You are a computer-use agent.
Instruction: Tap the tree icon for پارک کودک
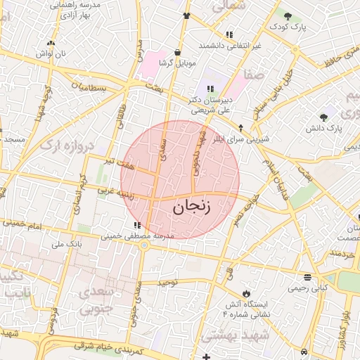pyautogui.click(x=288, y=15)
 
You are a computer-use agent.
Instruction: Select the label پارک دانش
pyautogui.click(x=323, y=129)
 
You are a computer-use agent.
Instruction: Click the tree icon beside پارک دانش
pyautogui.click(x=323, y=117)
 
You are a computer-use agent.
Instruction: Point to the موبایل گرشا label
pyautogui.click(x=176, y=63)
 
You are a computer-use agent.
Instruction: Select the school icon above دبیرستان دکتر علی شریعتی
pyautogui.click(x=210, y=89)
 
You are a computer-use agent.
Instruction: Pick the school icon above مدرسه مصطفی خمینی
pyautogui.click(x=137, y=226)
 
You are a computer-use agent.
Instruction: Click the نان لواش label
pyautogui.click(x=51, y=53)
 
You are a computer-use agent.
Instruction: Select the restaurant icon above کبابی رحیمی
pyautogui.click(x=307, y=277)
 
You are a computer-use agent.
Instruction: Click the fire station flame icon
pyautogui.click(x=246, y=292)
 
